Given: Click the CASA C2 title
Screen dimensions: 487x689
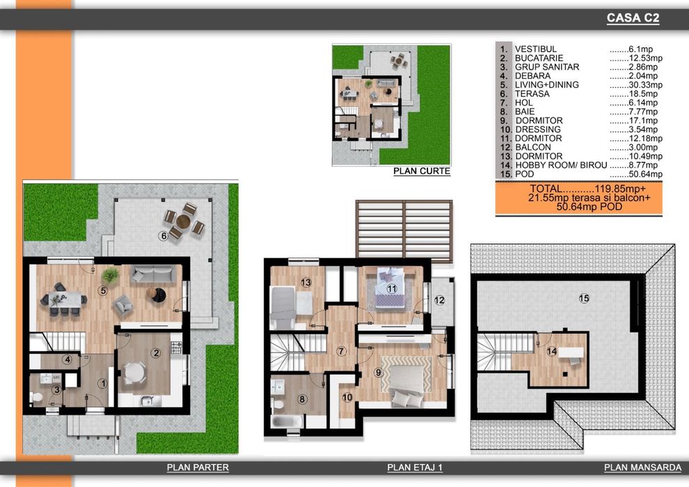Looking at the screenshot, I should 632,19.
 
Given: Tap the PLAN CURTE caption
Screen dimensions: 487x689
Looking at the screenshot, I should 422,171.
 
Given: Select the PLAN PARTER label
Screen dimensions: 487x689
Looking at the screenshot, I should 198,468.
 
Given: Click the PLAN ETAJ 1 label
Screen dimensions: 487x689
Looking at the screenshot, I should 415,468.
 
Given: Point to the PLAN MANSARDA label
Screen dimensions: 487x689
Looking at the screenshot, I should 642,468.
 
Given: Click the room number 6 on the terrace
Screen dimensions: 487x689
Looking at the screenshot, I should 164,236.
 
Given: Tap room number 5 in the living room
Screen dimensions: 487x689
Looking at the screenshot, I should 102,291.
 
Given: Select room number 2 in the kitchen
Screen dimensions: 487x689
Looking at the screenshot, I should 157,353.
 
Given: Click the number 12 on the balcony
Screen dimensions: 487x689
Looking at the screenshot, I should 439,301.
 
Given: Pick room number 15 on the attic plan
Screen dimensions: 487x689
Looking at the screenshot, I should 584,298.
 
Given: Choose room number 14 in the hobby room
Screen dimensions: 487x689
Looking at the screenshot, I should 551,351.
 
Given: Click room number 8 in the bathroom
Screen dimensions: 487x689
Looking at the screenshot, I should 302,399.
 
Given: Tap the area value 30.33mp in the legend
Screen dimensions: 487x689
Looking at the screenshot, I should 635,85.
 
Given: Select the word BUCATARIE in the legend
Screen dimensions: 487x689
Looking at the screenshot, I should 539,58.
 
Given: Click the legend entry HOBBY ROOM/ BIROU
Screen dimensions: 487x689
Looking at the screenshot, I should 561,166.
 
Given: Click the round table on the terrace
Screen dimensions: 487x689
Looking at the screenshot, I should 183,221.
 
